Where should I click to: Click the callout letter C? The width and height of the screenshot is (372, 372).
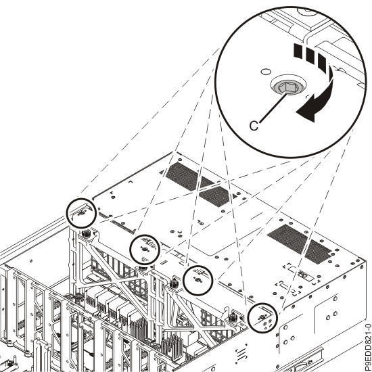[x=254, y=126]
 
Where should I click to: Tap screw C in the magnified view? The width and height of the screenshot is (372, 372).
[x=288, y=87]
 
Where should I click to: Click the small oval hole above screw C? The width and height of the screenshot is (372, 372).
[x=266, y=71]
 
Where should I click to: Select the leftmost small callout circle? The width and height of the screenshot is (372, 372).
[x=81, y=213]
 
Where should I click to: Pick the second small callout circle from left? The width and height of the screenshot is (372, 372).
[x=145, y=250]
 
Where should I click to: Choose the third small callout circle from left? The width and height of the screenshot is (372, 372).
[x=198, y=281]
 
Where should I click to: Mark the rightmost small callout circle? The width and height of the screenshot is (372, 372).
[x=262, y=318]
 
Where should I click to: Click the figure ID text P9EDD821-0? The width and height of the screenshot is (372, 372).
[x=367, y=348]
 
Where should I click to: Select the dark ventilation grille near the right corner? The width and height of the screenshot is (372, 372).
[x=300, y=244]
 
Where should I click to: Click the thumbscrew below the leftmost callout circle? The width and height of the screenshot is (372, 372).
[x=85, y=235]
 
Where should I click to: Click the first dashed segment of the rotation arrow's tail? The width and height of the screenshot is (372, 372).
[x=298, y=51]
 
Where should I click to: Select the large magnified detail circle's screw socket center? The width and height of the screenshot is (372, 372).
[x=288, y=87]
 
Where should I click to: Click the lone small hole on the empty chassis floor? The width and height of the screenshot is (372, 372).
[x=31, y=261]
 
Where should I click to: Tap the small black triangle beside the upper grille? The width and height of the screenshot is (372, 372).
[x=235, y=196]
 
